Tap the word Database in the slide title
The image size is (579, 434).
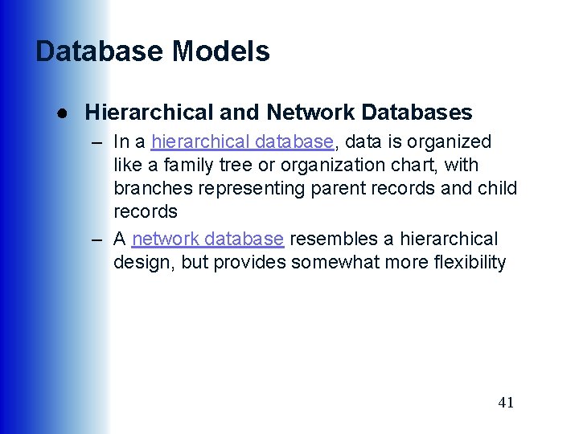pos(100,51)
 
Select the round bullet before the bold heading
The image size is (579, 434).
pos(61,113)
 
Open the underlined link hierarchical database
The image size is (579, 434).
pos(242,142)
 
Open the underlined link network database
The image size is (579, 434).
pos(207,240)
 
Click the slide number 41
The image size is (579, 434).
pos(506,403)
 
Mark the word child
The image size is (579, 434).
pos(498,189)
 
